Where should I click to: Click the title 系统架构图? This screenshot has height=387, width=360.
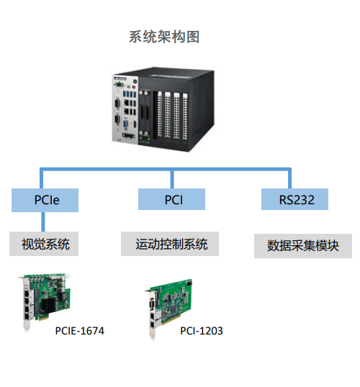pyautogui.click(x=164, y=37)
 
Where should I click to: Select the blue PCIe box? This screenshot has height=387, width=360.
pyautogui.click(x=45, y=200)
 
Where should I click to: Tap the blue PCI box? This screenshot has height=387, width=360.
pyautogui.click(x=171, y=199)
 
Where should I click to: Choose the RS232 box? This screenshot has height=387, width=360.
pyautogui.click(x=294, y=199)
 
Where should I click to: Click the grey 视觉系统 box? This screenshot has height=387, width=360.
pyautogui.click(x=44, y=244)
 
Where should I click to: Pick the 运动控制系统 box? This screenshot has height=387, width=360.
pyautogui.click(x=170, y=244)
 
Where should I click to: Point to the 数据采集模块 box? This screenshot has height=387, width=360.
pyautogui.click(x=303, y=246)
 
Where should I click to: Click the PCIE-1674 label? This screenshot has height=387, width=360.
pyautogui.click(x=80, y=331)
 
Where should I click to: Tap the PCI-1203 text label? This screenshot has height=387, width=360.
pyautogui.click(x=202, y=331)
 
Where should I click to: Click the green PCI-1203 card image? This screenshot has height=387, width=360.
pyautogui.click(x=169, y=309)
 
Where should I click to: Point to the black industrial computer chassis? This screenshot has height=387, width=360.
pyautogui.click(x=163, y=109)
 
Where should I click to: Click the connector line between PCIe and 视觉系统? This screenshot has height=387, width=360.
pyautogui.click(x=43, y=222)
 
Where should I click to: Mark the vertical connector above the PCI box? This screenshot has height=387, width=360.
pyautogui.click(x=172, y=179)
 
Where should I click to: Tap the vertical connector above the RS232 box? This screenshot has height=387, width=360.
pyautogui.click(x=289, y=179)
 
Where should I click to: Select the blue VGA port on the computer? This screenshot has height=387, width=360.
pyautogui.click(x=125, y=124)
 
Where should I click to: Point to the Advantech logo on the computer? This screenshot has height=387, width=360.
pyautogui.click(x=120, y=79)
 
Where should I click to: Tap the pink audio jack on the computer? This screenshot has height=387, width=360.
pyautogui.click(x=134, y=87)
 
